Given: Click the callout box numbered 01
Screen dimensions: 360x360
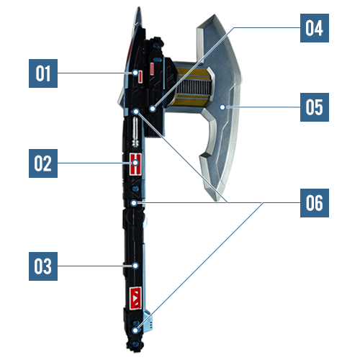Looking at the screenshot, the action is (43, 73).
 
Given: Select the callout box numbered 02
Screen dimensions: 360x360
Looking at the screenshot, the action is (43, 163).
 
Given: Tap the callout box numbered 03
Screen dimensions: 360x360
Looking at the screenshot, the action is (43, 266).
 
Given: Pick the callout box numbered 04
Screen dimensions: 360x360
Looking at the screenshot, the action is (315, 28).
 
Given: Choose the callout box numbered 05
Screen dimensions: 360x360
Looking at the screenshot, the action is (315, 107).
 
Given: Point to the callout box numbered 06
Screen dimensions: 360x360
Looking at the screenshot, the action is (315, 203).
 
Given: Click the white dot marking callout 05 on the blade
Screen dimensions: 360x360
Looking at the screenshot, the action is (222, 107).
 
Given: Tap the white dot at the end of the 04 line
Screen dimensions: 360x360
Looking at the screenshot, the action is (153, 109).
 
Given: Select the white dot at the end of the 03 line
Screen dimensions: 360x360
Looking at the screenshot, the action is (135, 266).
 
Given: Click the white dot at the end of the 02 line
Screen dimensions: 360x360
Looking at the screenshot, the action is (135, 163).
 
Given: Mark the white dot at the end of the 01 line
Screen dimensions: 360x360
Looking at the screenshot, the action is (135, 73).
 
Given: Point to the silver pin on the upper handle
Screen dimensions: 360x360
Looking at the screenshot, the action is (135, 132).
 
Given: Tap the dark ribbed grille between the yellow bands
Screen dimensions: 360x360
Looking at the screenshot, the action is (193, 87).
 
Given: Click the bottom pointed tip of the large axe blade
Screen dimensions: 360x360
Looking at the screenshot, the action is (217, 200).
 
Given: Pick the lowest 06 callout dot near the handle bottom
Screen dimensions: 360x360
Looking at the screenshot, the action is (135, 330).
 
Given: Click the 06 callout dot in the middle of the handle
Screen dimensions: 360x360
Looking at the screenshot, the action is (134, 203).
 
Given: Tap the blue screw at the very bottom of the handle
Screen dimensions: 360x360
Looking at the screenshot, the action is (135, 345).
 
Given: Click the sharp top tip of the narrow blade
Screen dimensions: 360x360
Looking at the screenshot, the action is (139, 8).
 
